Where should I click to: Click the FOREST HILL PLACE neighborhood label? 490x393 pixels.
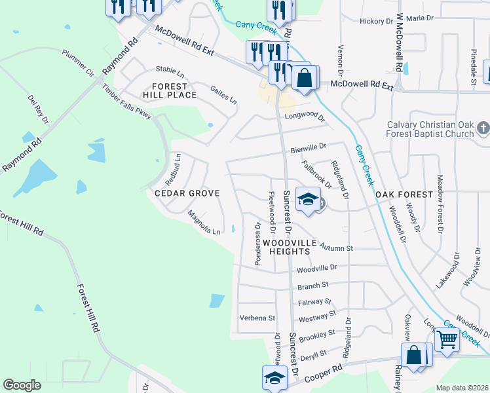[165, 90]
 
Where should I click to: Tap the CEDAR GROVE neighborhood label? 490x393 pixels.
[187, 194]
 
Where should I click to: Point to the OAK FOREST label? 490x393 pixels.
[404, 195]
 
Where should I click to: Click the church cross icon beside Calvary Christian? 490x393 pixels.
[483, 128]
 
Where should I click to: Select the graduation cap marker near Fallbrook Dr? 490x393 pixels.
[308, 199]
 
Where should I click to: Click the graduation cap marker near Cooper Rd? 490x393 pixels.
[275, 377]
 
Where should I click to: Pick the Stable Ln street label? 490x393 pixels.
[169, 69]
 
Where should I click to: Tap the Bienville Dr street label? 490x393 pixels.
[309, 149]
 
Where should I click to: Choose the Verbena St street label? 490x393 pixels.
[257, 318]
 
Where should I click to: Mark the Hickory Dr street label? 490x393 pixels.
[375, 21]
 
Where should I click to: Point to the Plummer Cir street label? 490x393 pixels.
[78, 62]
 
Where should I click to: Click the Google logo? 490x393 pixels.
[22, 385]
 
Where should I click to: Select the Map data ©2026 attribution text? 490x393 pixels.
[462, 388]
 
